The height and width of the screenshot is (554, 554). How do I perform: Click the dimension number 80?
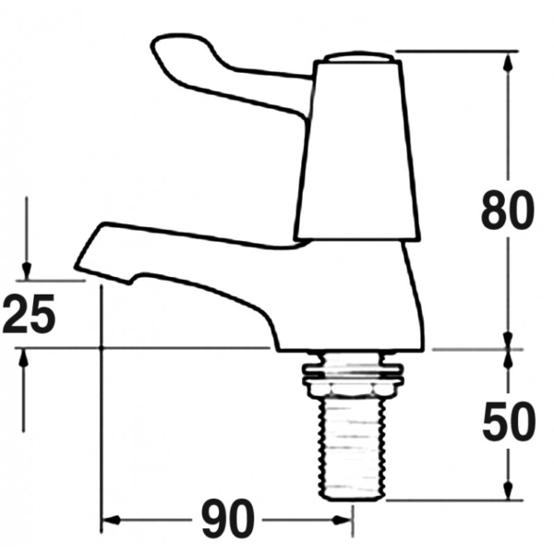(508, 211)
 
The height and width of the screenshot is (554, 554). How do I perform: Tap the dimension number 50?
(509, 421)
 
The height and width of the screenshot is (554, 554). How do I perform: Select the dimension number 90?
(228, 518)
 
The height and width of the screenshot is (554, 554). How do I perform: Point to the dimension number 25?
(30, 314)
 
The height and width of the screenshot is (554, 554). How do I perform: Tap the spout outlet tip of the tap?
(77, 268)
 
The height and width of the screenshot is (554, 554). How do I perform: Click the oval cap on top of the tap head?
(359, 57)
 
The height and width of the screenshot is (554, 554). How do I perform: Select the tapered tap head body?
(357, 151)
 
